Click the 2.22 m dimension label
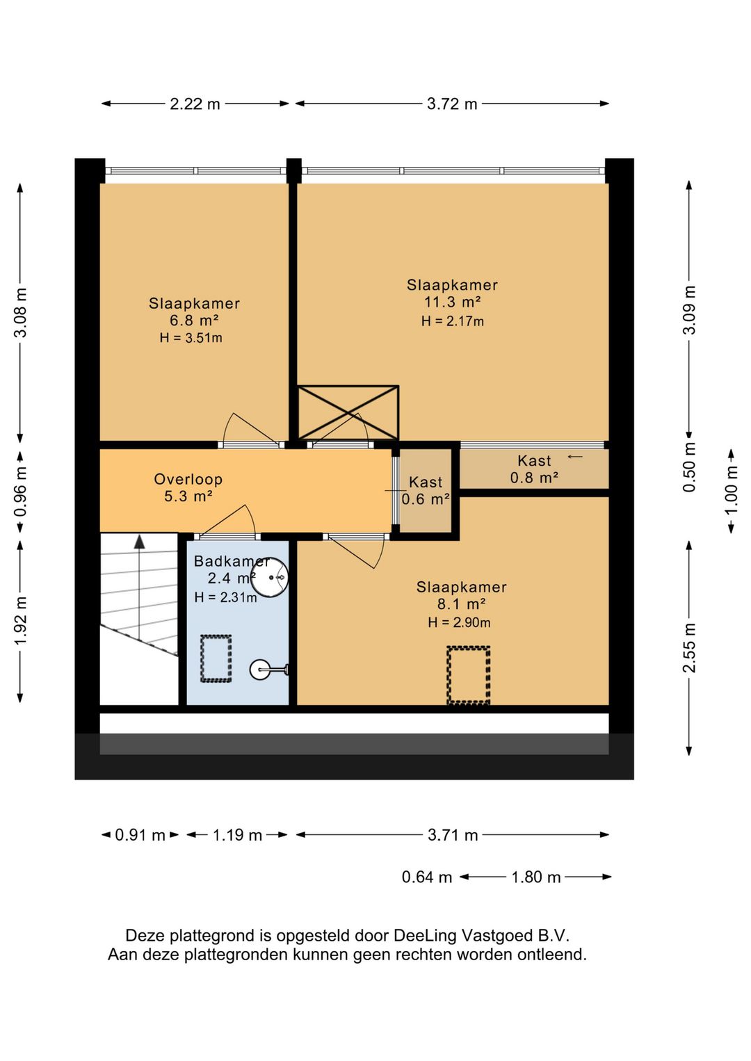point(195,104)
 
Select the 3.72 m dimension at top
point(452,104)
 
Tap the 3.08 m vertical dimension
point(20,312)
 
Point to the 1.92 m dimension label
point(20,620)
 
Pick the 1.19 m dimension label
point(237,835)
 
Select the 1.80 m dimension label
point(536,877)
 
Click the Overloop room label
point(188,479)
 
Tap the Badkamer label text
point(232,561)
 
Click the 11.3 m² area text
point(453,302)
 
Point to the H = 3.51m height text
point(191,338)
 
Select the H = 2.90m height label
point(459,622)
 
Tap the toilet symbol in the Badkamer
point(268,670)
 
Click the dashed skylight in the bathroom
point(216,658)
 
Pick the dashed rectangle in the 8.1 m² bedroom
point(468,675)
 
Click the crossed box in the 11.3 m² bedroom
point(348,412)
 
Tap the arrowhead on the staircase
point(139,542)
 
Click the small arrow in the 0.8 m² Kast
point(575,457)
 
